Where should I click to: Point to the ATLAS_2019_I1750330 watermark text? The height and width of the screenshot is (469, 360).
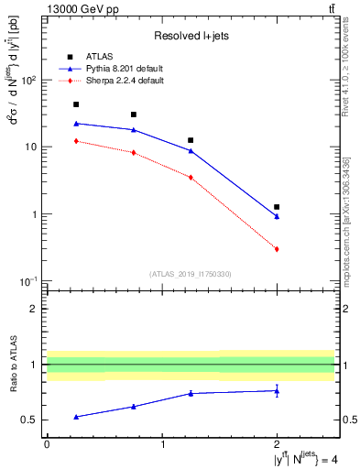coord(191,273)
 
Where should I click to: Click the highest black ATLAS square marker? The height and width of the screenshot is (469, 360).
coord(76,104)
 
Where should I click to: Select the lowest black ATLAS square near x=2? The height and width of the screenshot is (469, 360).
coord(277,207)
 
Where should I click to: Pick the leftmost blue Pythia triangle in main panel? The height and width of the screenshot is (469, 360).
coord(76,123)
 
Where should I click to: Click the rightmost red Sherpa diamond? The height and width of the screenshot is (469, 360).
coord(277,249)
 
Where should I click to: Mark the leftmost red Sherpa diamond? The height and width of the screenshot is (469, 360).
coord(76,141)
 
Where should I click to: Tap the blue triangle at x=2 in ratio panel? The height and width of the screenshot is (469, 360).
coord(277,391)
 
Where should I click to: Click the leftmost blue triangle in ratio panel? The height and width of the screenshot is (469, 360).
coord(76,417)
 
